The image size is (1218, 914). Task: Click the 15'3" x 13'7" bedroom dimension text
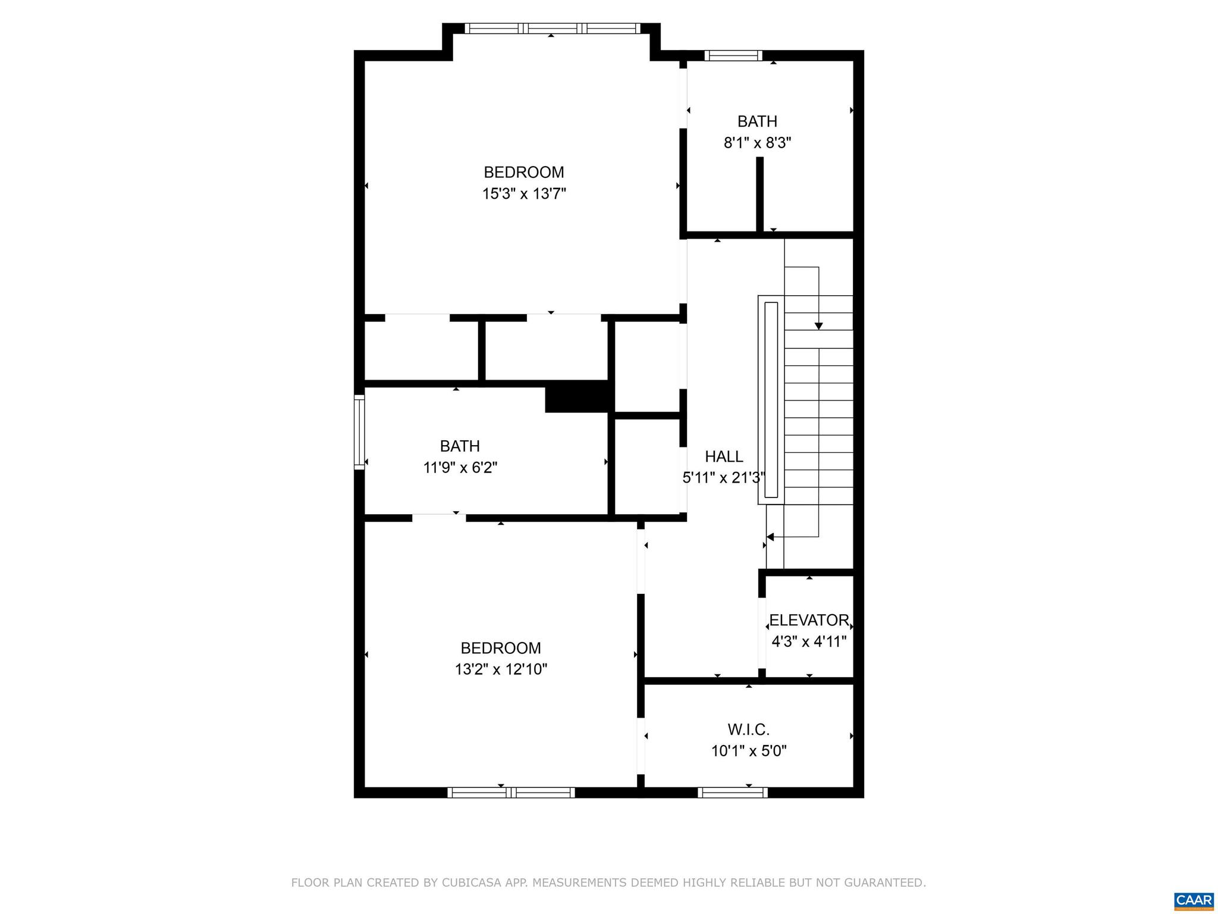click(x=524, y=194)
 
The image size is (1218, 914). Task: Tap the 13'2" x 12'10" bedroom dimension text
click(x=501, y=669)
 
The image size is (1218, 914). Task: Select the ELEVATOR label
click(x=809, y=620)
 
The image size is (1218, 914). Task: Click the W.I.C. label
click(x=749, y=729)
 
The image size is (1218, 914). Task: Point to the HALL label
click(x=724, y=456)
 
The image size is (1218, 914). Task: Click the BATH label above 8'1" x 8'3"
click(x=757, y=121)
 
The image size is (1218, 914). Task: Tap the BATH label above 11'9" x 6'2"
click(x=460, y=446)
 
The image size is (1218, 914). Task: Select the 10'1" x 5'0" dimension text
click(x=749, y=751)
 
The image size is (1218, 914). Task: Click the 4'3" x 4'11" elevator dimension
click(x=809, y=641)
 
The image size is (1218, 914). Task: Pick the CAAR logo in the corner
click(x=1194, y=900)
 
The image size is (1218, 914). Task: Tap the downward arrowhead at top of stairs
click(x=818, y=325)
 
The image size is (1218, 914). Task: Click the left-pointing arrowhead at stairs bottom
click(x=770, y=537)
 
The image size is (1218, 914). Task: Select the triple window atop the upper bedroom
click(x=552, y=28)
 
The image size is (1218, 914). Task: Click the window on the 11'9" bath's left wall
click(x=359, y=431)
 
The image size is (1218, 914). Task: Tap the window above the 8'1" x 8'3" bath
click(x=733, y=55)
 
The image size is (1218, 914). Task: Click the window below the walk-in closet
click(x=732, y=792)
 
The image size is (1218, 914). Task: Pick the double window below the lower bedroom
click(x=511, y=792)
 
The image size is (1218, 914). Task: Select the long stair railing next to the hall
click(x=771, y=400)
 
